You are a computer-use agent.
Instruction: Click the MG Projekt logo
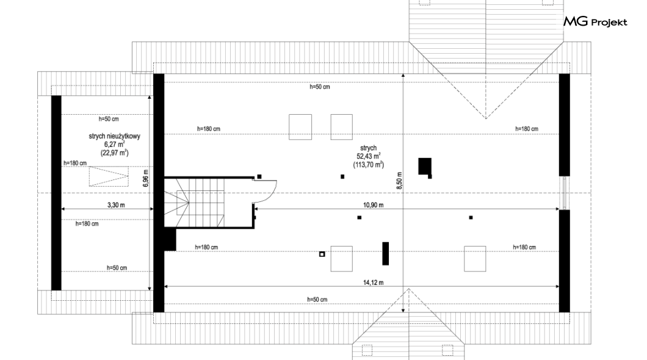pyautogui.click(x=595, y=21)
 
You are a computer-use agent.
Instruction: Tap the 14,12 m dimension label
pyautogui.click(x=373, y=283)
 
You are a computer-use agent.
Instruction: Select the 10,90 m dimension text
pyautogui.click(x=373, y=205)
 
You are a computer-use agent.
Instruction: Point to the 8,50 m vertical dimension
pyautogui.click(x=399, y=180)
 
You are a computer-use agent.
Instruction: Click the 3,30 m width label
pyautogui.click(x=116, y=205)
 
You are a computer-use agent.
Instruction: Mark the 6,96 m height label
pyautogui.click(x=145, y=178)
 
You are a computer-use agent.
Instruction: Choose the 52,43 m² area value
pyautogui.click(x=369, y=156)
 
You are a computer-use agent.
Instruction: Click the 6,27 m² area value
pyautogui.click(x=114, y=145)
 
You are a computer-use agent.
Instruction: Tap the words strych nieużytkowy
pyautogui.click(x=114, y=136)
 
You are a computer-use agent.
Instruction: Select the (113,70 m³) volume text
pyautogui.click(x=369, y=165)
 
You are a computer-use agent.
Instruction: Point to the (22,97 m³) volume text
pyautogui.click(x=114, y=153)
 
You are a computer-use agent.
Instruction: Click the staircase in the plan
pyautogui.click(x=195, y=202)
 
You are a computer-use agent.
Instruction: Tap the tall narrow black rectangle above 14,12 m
pyautogui.click(x=385, y=254)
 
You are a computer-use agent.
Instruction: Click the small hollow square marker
pyautogui.click(x=322, y=254)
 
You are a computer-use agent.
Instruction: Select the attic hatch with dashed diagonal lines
pyautogui.click(x=109, y=176)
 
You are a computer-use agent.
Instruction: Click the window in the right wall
pyautogui.click(x=565, y=193)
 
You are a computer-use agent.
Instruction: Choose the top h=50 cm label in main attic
pyautogui.click(x=320, y=87)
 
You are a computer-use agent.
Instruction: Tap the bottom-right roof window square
pyautogui.click(x=475, y=259)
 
